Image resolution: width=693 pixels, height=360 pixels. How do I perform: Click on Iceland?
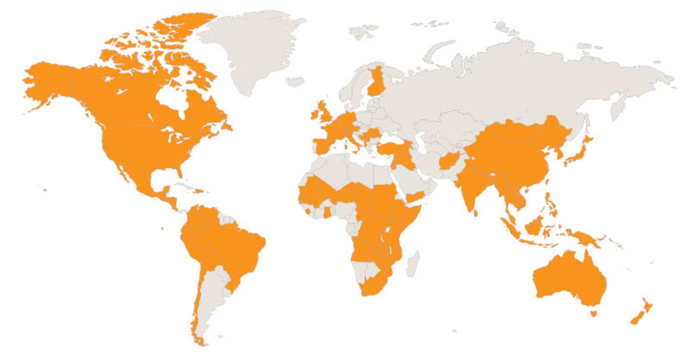(x=295, y=81)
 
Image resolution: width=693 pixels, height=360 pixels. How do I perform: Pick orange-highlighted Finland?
(x=374, y=84)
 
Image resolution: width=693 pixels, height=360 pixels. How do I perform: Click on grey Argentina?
(x=211, y=297)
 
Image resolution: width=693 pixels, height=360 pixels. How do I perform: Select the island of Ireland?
(x=315, y=115)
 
